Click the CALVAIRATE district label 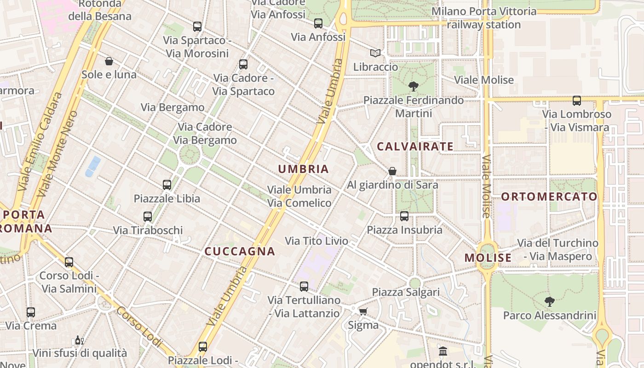coord(415,147)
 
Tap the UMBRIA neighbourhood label coord(304,169)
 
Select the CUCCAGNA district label coord(240,251)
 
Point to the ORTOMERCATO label coord(549,197)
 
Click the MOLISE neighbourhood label coord(488,258)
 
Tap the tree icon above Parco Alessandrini coord(549,302)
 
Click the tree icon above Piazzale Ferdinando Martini coord(413,86)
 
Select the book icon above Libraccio coord(375,53)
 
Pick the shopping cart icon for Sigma coord(363,312)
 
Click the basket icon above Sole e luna coord(109,61)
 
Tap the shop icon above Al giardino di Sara coord(392,171)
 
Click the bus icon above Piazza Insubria coord(404,216)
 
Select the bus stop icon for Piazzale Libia coord(167,185)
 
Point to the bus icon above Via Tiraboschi coord(148,217)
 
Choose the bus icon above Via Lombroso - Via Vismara coord(576,101)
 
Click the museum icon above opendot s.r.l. coord(443,351)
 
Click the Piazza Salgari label coord(406,292)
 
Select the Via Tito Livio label coord(316,241)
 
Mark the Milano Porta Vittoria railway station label coord(484,18)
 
